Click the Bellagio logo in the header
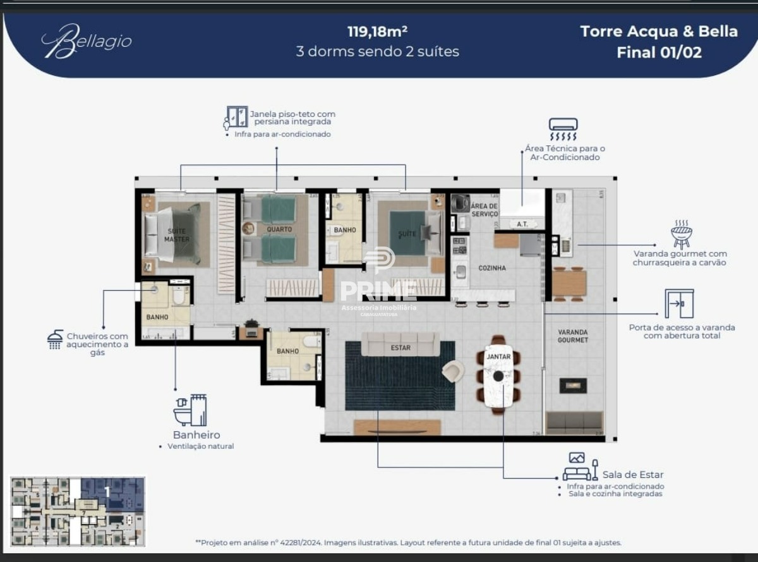(86, 42)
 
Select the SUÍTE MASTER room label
(176, 235)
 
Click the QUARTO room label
(279, 229)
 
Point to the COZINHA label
(491, 268)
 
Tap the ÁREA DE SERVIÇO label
(484, 211)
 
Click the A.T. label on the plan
(522, 224)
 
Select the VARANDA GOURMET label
(573, 336)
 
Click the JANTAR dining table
(498, 376)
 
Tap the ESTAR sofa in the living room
(400, 345)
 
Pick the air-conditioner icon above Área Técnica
(563, 130)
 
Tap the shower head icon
(55, 340)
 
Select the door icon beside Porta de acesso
(679, 303)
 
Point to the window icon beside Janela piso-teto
(236, 118)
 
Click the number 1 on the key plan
(107, 491)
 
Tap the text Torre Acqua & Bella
(658, 32)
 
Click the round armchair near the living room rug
(452, 371)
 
